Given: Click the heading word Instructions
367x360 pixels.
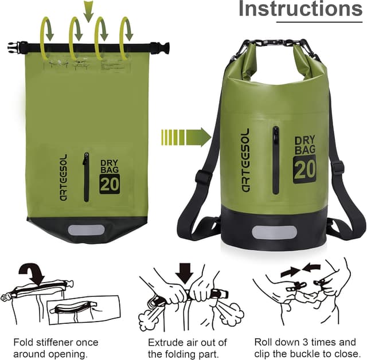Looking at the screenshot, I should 300,9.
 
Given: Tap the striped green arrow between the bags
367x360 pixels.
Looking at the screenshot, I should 186,138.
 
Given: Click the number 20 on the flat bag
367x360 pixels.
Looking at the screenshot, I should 110,184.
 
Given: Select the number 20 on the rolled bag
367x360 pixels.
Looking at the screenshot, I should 304,169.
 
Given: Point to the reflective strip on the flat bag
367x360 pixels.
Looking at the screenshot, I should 86,230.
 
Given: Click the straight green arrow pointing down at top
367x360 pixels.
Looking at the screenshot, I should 88,10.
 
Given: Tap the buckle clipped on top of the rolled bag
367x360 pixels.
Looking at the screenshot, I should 274,43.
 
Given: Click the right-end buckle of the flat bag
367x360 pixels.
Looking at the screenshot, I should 162,48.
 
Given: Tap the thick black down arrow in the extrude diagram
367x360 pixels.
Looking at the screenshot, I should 185,272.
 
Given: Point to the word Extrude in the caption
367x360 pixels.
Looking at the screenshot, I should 166,342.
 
